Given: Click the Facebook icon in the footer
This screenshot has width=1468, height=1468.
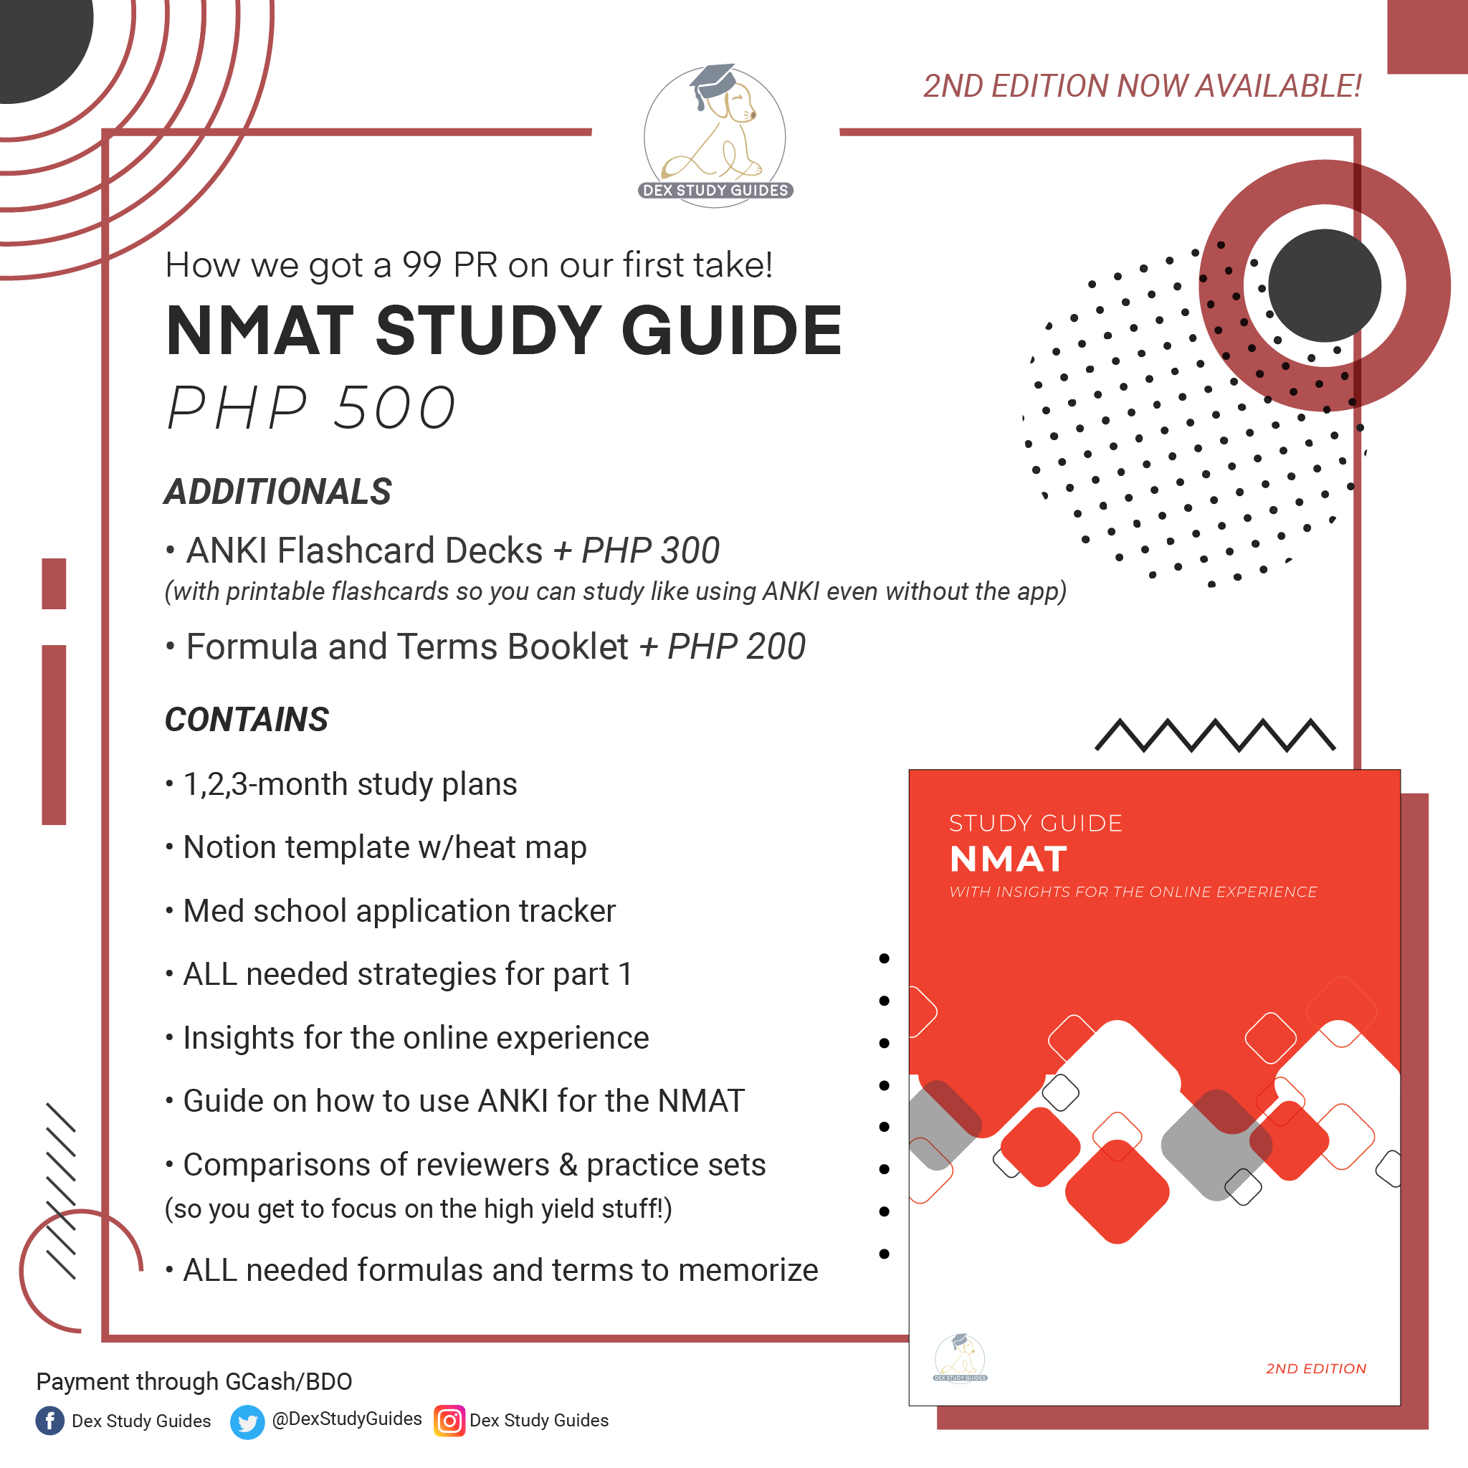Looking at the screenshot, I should tap(50, 1420).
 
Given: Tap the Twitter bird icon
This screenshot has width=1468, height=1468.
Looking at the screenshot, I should tap(247, 1421).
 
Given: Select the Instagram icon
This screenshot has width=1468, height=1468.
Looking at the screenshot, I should tap(449, 1420).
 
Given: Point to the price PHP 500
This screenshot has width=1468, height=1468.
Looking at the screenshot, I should tap(311, 408).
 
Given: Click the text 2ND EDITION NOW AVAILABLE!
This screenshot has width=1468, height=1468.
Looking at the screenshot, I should tap(1141, 86).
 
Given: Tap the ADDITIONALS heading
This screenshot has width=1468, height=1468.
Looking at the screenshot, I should tap(278, 492).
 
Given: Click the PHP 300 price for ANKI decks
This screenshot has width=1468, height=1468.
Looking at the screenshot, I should tap(649, 550).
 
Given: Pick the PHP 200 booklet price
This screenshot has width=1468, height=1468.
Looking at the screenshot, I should tap(735, 647).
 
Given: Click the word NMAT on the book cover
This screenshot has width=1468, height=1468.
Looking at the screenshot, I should tap(1009, 859).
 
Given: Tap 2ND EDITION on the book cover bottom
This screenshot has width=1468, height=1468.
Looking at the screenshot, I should tap(1315, 1368).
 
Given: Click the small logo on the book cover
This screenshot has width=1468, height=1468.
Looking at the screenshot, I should tap(960, 1357).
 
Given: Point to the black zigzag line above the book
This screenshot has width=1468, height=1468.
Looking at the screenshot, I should tap(1214, 735).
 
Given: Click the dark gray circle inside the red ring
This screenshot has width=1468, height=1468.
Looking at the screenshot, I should tap(1325, 286).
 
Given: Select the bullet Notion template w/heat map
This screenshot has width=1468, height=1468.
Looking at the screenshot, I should tap(384, 847).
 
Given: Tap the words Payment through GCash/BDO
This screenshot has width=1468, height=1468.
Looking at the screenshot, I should tap(194, 1381).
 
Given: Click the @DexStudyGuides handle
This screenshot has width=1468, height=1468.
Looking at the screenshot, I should tap(346, 1419).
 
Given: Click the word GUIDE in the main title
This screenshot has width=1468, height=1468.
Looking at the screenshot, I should tap(732, 330).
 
